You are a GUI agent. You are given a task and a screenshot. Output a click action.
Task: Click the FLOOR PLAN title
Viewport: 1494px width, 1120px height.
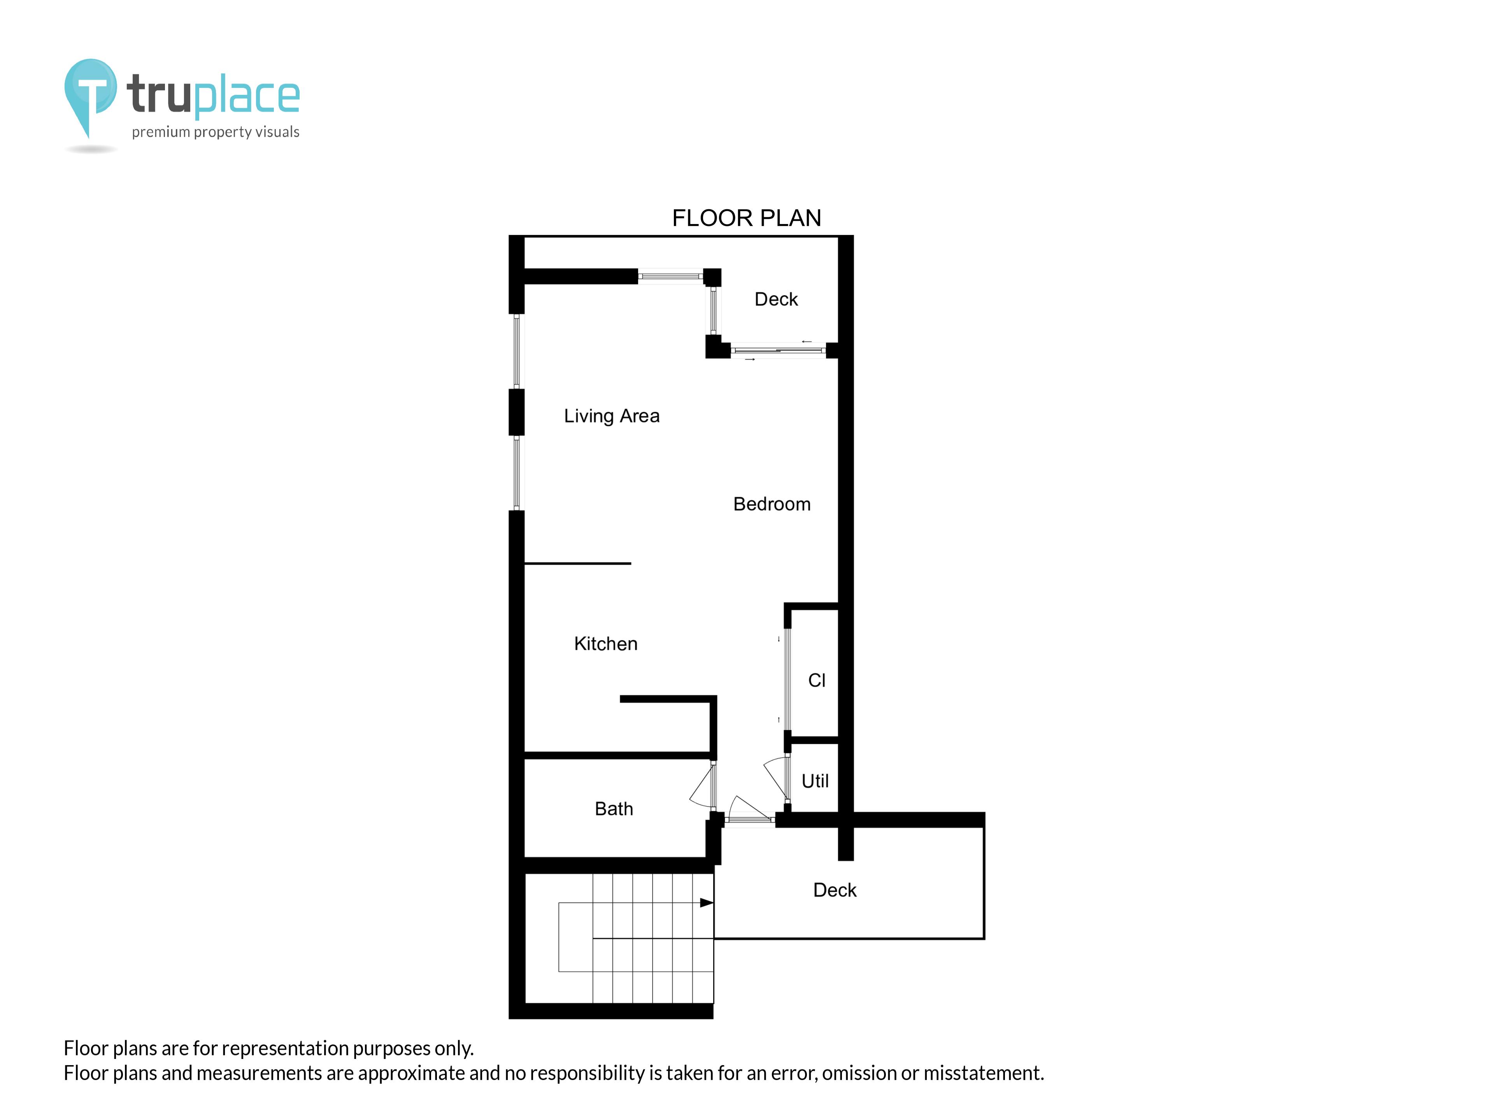click(x=746, y=218)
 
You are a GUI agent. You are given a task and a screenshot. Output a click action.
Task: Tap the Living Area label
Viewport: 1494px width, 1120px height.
click(x=611, y=416)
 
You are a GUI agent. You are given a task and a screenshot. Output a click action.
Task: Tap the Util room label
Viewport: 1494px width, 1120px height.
click(x=815, y=781)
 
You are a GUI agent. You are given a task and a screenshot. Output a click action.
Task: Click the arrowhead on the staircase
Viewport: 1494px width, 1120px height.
click(x=706, y=903)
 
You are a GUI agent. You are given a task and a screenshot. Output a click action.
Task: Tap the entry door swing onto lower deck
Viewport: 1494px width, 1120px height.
click(x=748, y=809)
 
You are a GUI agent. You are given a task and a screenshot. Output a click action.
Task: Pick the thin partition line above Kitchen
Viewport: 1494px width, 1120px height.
click(x=577, y=563)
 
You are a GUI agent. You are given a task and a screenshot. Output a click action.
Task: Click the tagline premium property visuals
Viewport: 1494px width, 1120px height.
click(x=216, y=132)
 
